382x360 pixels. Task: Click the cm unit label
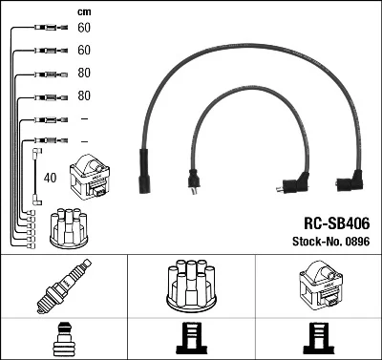[x=84, y=12]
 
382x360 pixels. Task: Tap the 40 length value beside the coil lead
[x=50, y=178]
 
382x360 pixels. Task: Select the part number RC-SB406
[x=337, y=223]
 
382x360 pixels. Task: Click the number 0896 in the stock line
[x=357, y=242]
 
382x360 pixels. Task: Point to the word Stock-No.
[x=317, y=242]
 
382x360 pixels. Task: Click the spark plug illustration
[x=64, y=286]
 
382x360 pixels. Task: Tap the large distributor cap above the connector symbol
[x=191, y=286]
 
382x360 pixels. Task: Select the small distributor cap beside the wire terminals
[x=69, y=227]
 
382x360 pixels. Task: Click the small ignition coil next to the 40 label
[x=90, y=177]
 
